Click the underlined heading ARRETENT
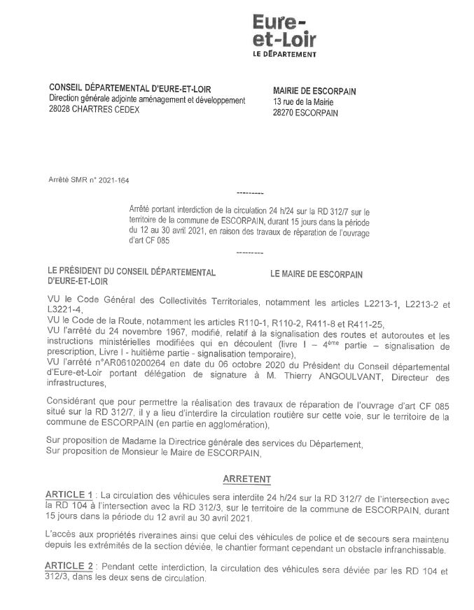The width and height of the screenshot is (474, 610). tap(247, 479)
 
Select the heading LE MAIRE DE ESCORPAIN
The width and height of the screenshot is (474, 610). tap(316, 274)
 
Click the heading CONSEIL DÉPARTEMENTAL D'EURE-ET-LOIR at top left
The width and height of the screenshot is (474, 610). tap(130, 88)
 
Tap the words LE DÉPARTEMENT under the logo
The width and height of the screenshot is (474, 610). tap(284, 54)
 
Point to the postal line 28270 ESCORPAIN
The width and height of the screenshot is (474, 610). tap(305, 113)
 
